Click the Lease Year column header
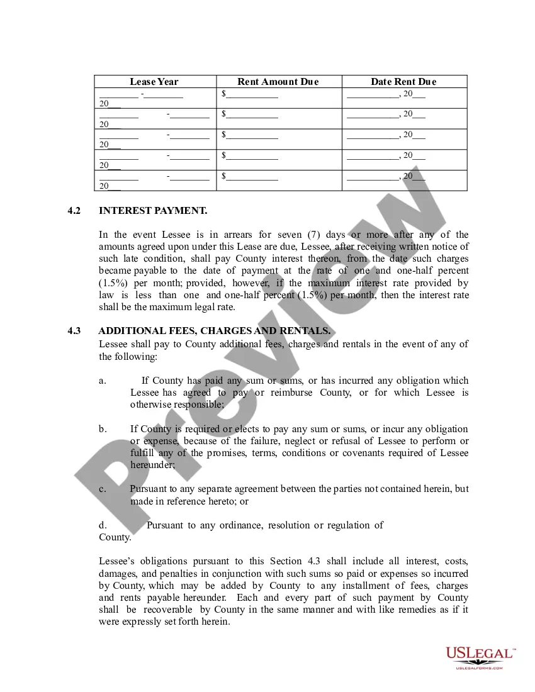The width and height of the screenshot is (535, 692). coord(154,82)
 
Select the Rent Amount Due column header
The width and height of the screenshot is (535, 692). coord(278,82)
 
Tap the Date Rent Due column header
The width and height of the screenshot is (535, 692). coord(403,82)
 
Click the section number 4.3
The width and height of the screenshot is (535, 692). coord(74,331)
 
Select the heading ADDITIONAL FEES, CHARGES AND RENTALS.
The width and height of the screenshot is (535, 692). coord(215,331)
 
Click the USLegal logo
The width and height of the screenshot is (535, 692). coord(480,654)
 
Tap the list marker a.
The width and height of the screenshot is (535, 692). coord(102,381)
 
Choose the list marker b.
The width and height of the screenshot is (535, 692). coord(102,429)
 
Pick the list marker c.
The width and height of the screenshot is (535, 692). coord(102,489)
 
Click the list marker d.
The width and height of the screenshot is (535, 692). coord(102,525)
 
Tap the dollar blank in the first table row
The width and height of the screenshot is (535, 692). coord(250,94)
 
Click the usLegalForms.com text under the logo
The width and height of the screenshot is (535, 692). coord(480,667)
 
